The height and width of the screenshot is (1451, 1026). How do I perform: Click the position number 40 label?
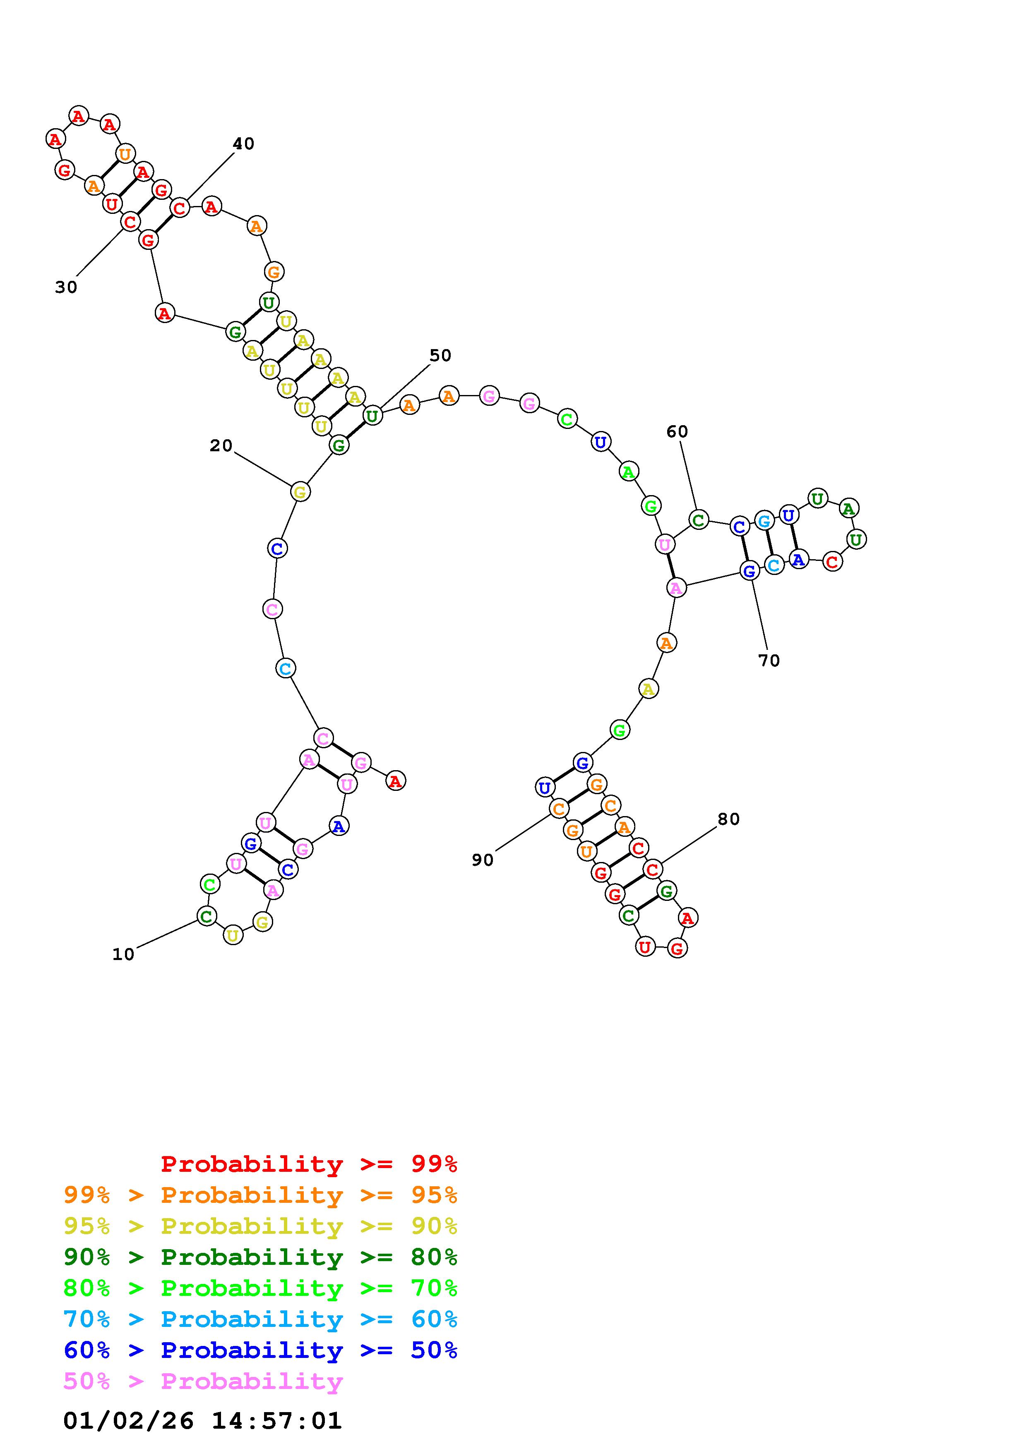point(243,144)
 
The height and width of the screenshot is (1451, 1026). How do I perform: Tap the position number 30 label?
point(66,287)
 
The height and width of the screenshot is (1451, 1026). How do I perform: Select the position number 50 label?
point(441,356)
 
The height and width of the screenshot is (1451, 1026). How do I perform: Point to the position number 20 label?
point(221,446)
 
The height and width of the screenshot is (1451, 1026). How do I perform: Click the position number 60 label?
point(677,432)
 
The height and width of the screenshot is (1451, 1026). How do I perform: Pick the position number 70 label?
point(769,661)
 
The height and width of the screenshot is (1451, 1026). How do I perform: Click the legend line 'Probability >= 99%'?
point(309,1164)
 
